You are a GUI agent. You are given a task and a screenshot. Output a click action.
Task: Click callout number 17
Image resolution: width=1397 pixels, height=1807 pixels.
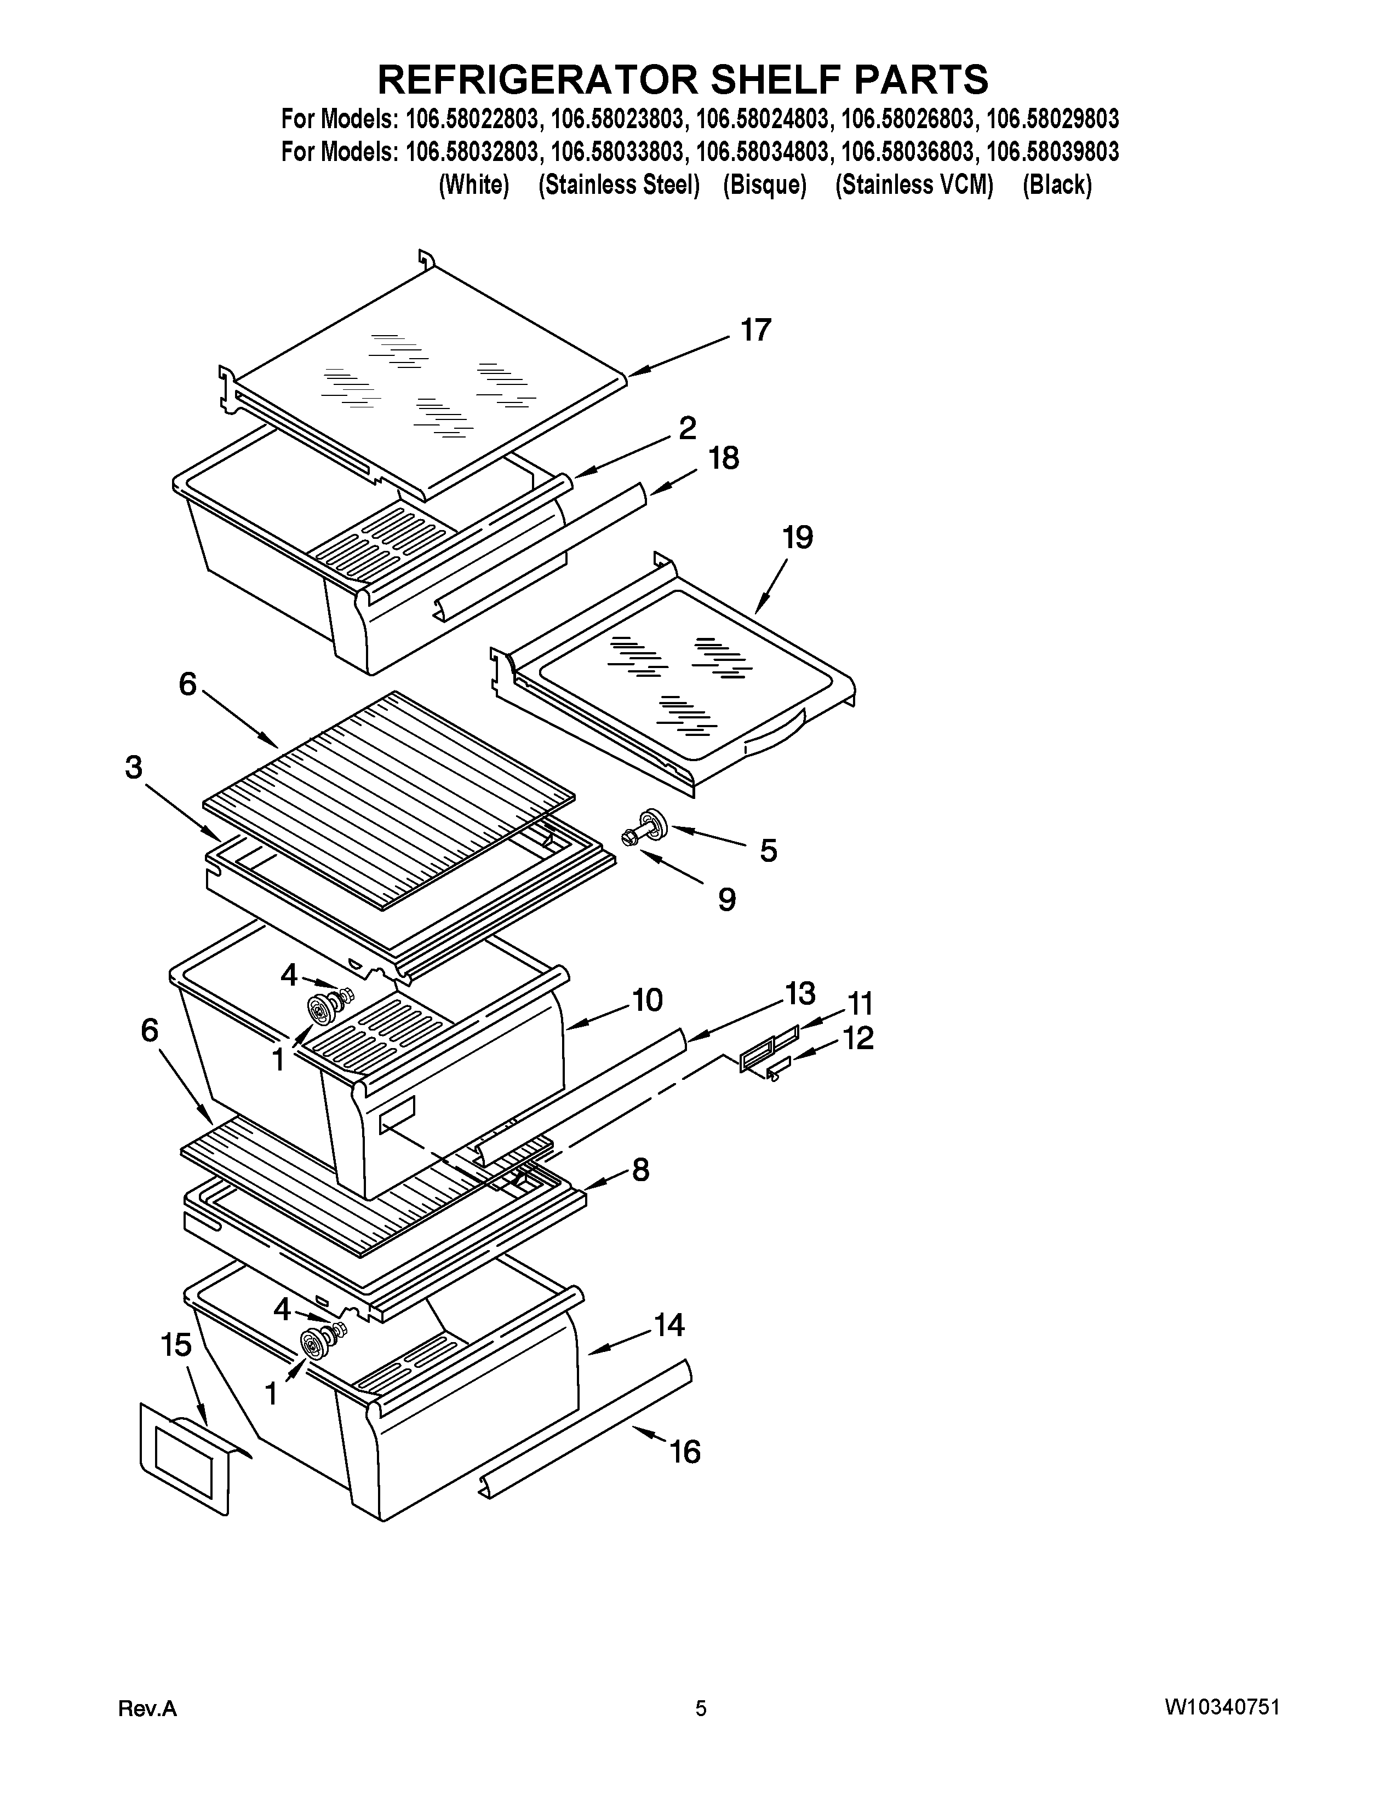[755, 330]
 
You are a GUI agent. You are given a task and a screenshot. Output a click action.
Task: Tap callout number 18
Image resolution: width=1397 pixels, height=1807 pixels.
[723, 458]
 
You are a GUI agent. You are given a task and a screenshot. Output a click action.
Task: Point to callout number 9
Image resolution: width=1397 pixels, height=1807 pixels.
[726, 899]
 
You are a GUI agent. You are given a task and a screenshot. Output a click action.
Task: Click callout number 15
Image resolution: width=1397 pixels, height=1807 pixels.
[176, 1346]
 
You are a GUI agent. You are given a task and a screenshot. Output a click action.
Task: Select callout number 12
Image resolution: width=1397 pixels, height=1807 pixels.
[858, 1038]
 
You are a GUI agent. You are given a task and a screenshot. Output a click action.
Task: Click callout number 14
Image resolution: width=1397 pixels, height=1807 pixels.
[669, 1326]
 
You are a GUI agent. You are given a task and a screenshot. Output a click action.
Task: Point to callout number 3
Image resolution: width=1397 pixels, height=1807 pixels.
[133, 768]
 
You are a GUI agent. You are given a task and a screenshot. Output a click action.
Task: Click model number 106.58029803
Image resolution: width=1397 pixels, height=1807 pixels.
[1053, 120]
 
